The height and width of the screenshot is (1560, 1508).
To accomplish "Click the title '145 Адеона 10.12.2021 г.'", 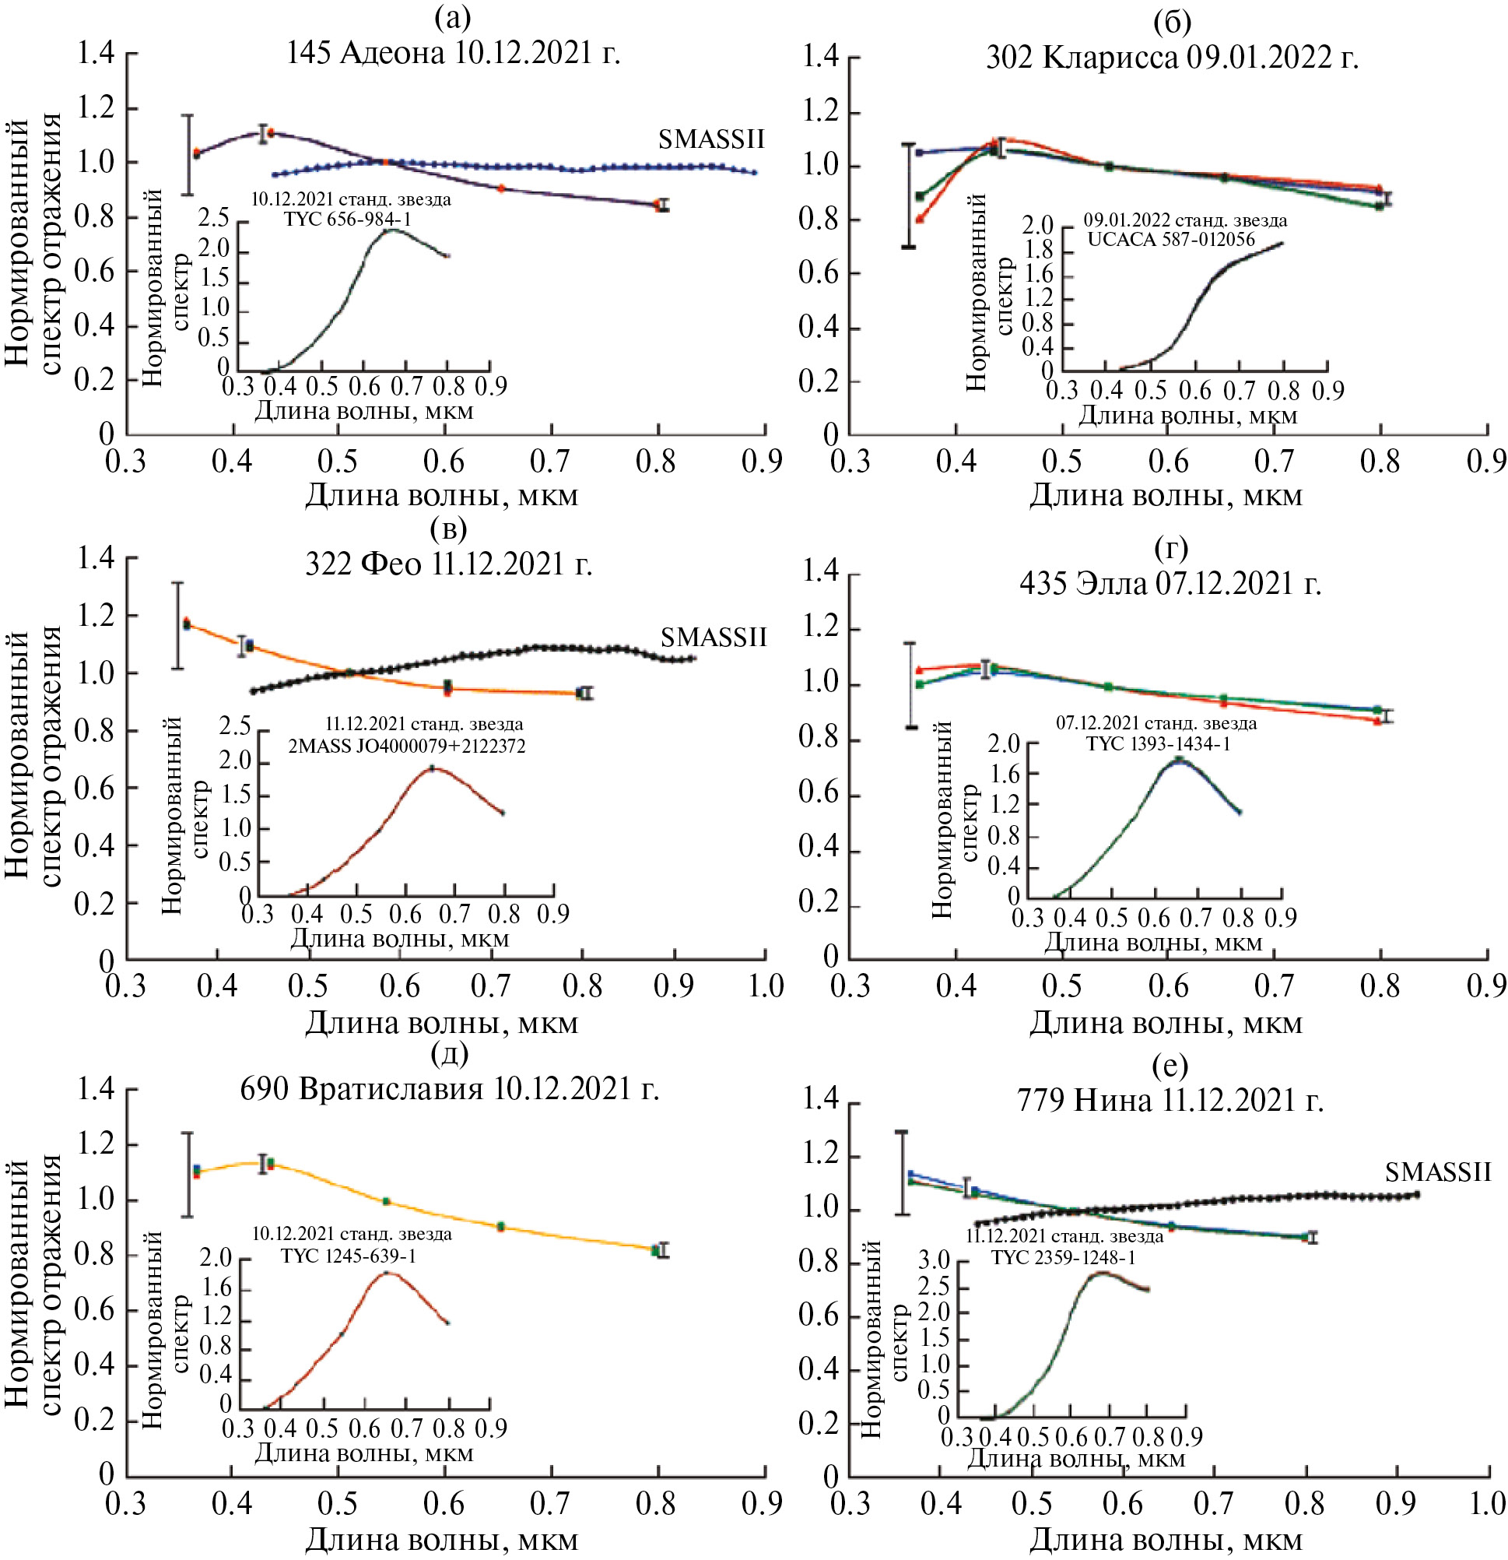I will point(453,54).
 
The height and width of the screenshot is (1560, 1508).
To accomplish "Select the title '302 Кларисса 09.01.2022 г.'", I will point(1172,58).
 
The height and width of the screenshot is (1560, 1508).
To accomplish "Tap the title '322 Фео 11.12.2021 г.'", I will point(449,564).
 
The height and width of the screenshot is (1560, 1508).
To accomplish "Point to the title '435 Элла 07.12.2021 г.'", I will point(1170,584).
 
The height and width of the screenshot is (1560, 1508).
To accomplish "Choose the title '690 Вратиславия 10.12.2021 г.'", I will point(450,1088).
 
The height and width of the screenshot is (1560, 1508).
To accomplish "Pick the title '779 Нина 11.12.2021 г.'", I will point(1170,1101).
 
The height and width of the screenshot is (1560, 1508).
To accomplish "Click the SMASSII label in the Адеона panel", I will point(710,140).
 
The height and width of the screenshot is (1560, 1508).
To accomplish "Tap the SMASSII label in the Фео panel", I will point(713,638).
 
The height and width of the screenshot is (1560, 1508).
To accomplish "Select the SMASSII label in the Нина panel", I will point(1437,1172).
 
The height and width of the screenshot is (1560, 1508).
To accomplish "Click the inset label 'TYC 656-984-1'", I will point(348,220).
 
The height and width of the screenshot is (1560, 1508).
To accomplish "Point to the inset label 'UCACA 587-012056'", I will point(1170,240).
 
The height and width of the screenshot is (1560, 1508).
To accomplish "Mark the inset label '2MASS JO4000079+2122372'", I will point(406,747).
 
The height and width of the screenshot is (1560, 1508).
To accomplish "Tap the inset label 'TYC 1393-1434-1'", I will point(1158,744).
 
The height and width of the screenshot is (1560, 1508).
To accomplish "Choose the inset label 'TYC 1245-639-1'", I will point(348,1256).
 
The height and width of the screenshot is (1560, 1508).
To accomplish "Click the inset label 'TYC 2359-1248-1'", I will point(1062,1257).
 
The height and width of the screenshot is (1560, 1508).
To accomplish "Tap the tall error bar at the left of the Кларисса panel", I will point(908,195).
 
